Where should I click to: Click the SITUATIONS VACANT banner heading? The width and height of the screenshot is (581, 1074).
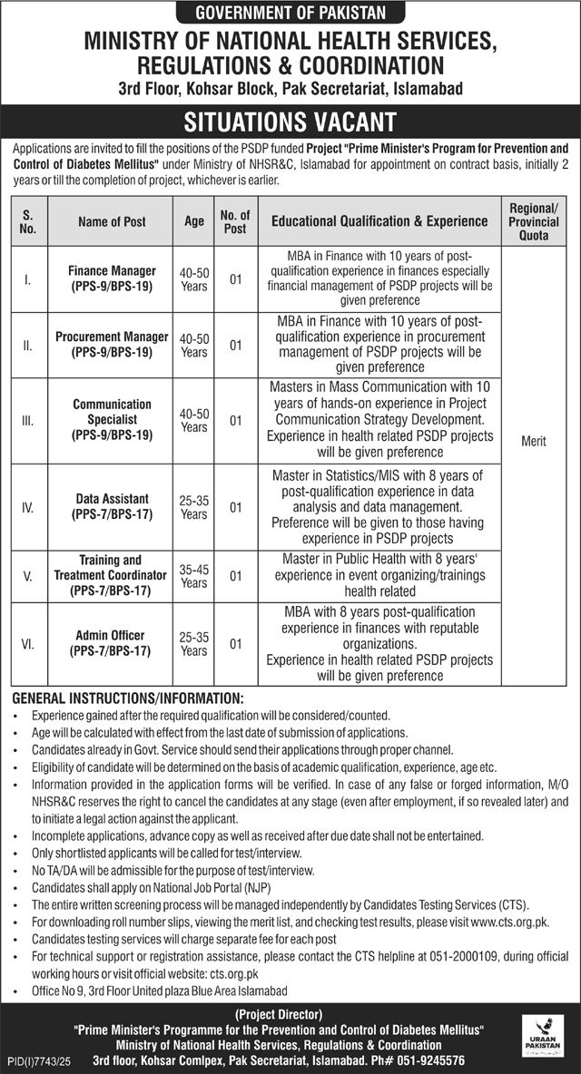click(290, 122)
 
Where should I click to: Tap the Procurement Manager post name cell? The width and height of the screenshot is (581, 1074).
click(112, 344)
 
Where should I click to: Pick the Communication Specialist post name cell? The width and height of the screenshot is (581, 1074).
click(112, 420)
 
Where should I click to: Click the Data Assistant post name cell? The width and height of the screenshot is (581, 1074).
click(112, 507)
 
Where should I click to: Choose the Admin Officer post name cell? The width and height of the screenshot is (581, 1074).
click(112, 644)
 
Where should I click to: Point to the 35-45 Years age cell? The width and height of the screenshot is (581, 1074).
click(193, 576)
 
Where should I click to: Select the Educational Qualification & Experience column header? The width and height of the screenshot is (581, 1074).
click(379, 221)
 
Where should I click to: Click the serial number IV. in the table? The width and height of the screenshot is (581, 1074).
click(29, 507)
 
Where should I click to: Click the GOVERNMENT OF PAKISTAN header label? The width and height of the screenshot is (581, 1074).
click(290, 12)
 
